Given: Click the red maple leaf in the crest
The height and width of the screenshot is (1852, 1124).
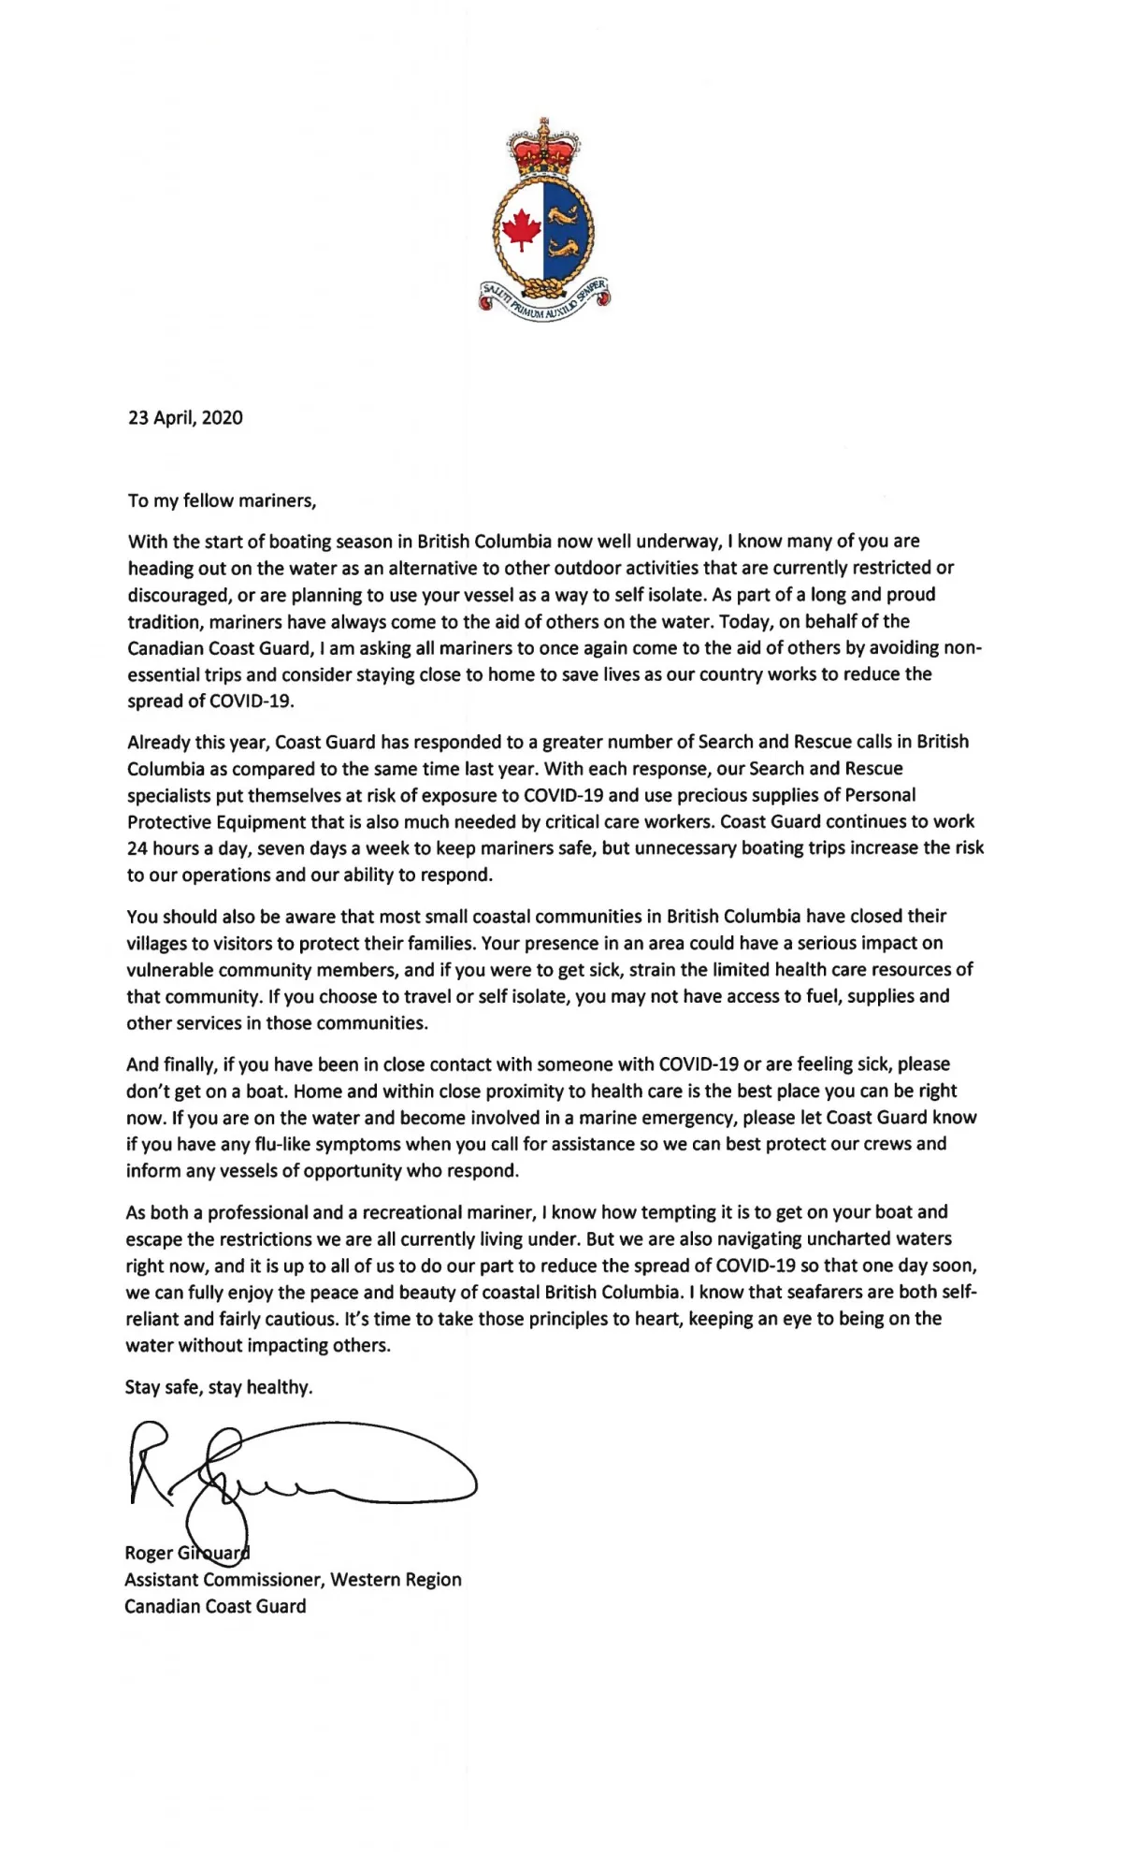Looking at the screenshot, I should (520, 229).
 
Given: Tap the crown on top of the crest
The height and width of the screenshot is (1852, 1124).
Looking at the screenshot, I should (543, 148).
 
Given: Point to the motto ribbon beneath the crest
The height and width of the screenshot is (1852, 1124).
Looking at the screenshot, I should (544, 301).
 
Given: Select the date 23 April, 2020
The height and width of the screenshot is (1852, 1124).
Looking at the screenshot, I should (185, 418).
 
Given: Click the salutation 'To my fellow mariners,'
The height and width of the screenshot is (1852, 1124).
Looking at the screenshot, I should (223, 500).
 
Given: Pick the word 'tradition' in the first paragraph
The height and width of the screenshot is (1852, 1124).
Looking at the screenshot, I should (164, 621).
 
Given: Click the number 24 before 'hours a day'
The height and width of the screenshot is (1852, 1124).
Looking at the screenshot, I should (137, 848).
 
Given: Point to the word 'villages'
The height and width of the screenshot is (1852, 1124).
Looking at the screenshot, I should (158, 943).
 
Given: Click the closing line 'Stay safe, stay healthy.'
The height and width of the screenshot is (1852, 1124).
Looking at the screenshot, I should (219, 1387).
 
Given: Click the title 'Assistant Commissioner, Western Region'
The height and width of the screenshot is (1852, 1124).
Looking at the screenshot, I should (293, 1580).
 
